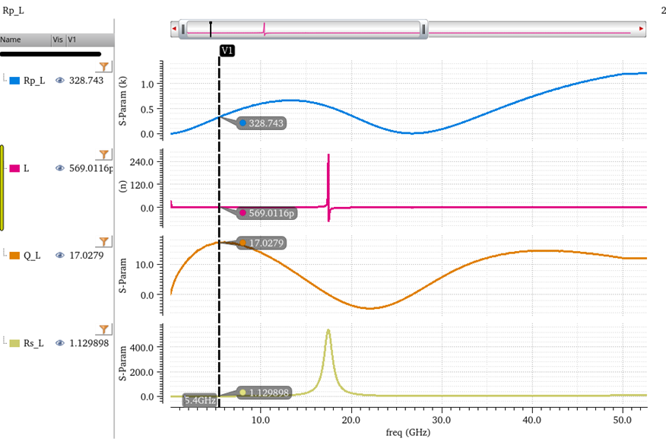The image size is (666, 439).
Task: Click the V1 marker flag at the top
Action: [227, 50]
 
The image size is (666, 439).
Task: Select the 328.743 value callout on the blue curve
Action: [262, 122]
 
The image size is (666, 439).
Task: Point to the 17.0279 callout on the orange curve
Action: [262, 243]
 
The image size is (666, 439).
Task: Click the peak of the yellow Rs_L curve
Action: [328, 330]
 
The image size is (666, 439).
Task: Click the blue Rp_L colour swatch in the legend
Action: [14, 80]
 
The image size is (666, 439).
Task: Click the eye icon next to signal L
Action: [59, 168]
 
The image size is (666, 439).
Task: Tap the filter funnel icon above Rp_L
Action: [105, 67]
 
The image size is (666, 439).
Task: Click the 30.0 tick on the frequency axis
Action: [441, 419]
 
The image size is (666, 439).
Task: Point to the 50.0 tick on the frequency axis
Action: [622, 419]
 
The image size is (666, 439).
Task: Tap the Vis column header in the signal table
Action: [58, 40]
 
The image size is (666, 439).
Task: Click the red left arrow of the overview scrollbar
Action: [176, 29]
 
